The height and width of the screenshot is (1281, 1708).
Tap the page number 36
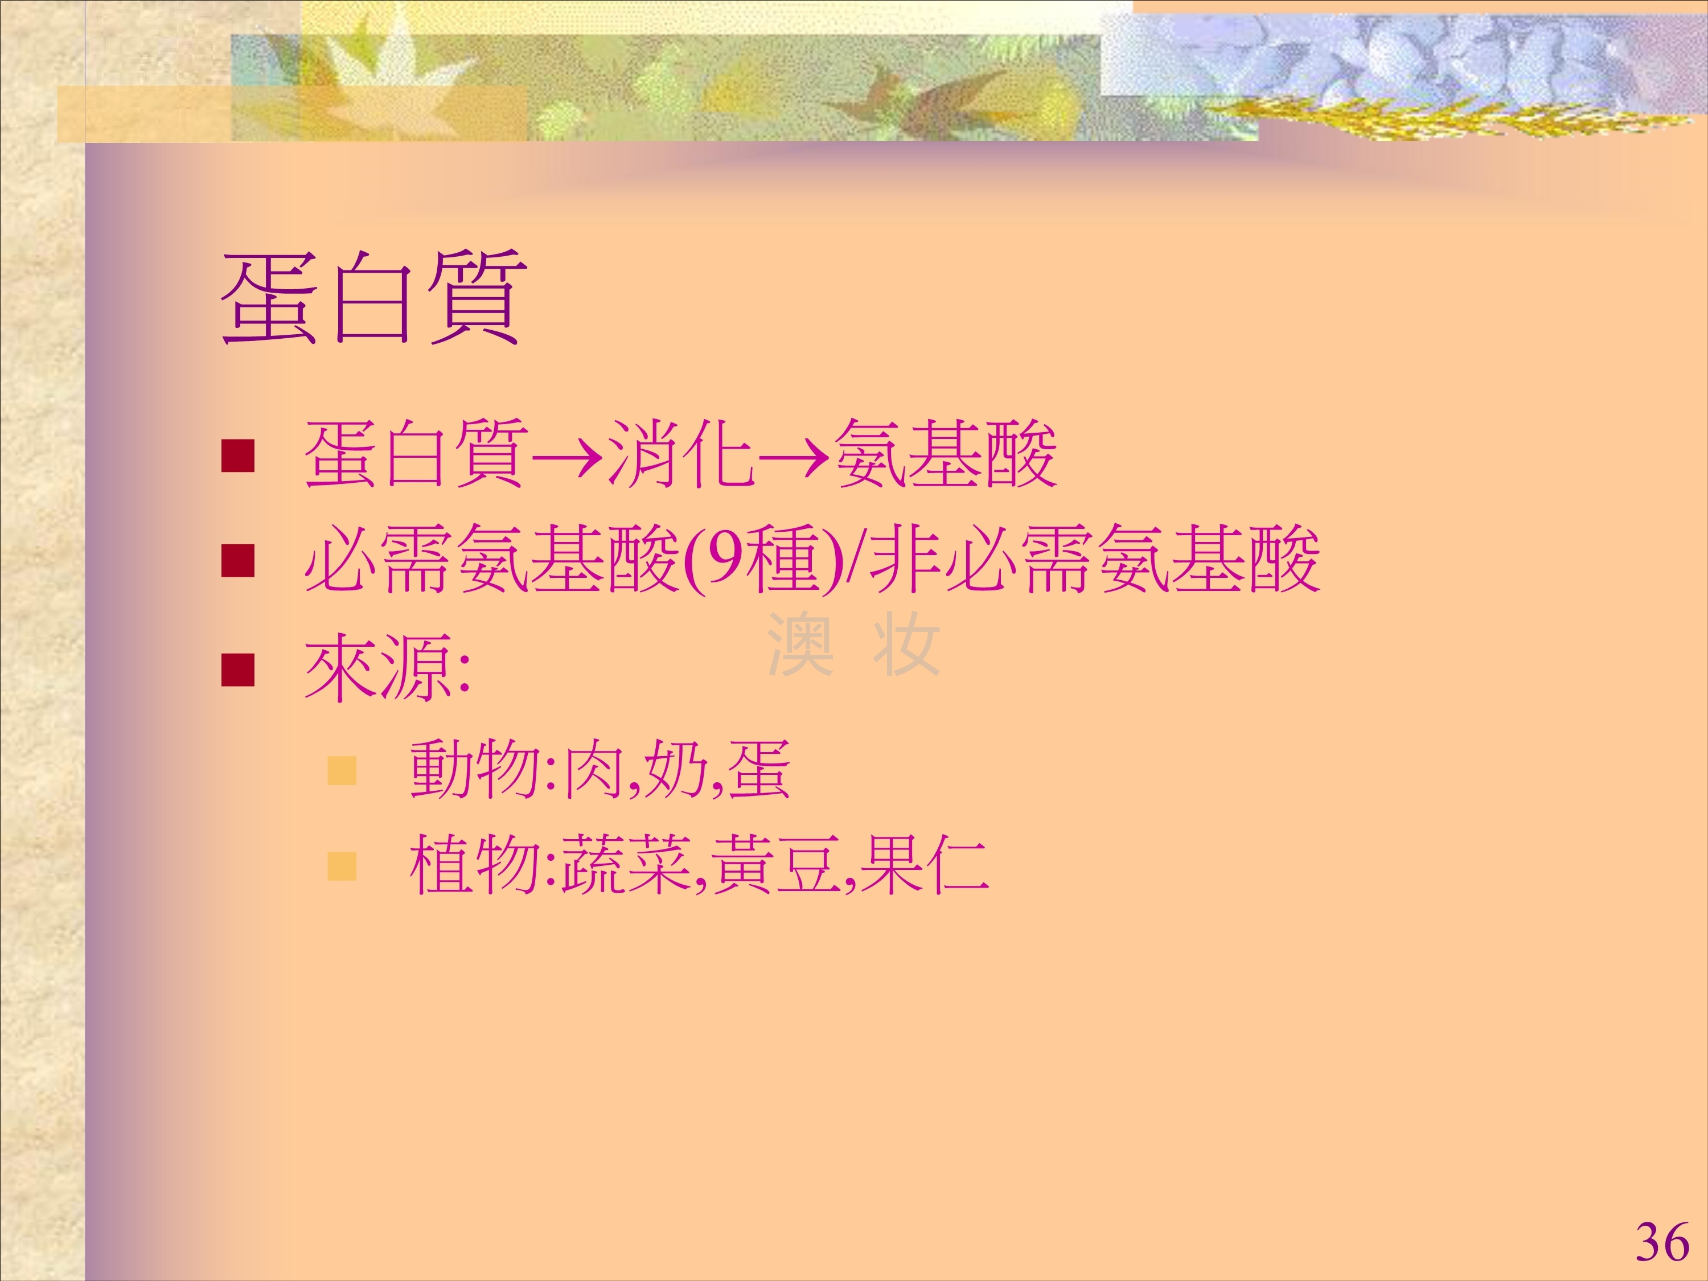[1662, 1242]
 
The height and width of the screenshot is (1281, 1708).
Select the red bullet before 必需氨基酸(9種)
[238, 561]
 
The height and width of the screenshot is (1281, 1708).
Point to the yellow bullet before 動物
[342, 770]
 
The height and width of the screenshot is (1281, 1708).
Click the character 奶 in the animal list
[674, 769]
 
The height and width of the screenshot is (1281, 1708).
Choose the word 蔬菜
[626, 865]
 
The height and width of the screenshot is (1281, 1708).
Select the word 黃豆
[775, 865]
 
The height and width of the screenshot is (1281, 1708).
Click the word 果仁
[924, 865]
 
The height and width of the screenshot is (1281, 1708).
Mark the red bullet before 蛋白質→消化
[238, 455]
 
